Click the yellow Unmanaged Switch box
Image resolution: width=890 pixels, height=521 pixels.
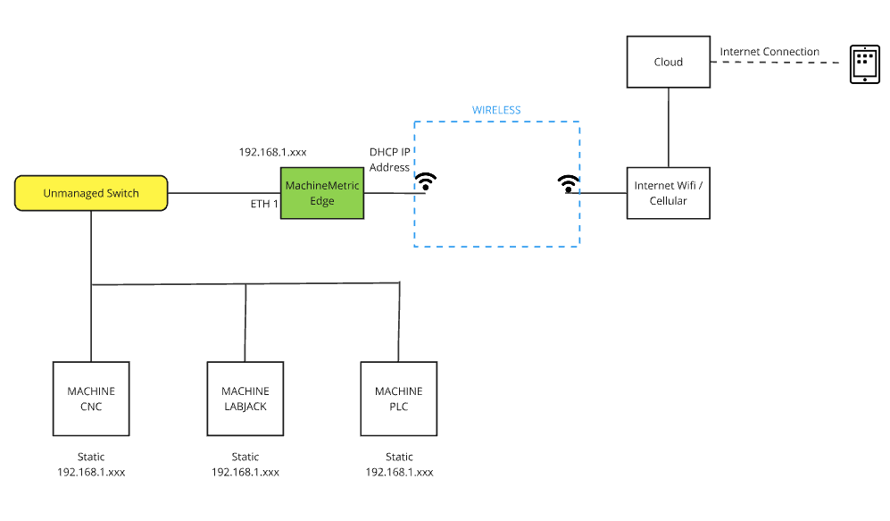[x=90, y=193]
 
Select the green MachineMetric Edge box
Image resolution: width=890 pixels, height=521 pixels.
[x=322, y=193]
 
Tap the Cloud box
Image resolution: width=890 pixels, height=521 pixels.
[x=668, y=62]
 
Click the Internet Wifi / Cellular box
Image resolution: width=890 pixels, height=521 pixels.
[x=668, y=193]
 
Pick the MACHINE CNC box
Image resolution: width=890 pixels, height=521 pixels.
[x=91, y=399]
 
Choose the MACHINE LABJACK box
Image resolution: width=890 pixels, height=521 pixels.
[x=245, y=399]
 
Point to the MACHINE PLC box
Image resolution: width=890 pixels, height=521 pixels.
[x=398, y=399]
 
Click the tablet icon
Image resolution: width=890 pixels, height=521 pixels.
[x=864, y=64]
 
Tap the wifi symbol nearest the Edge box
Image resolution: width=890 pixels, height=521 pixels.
[x=428, y=182]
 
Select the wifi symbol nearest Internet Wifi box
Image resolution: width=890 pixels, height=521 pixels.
[x=567, y=183]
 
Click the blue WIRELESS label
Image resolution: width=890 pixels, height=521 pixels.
[x=496, y=110]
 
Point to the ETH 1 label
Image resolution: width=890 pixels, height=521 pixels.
[x=264, y=205]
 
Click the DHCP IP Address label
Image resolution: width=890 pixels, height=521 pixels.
[x=389, y=160]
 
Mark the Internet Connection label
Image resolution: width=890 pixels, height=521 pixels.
[x=769, y=52]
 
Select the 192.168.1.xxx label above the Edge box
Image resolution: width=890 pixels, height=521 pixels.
[x=272, y=152]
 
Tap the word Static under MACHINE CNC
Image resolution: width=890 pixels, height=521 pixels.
[x=91, y=457]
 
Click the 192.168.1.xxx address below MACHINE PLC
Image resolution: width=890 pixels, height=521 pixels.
[x=399, y=472]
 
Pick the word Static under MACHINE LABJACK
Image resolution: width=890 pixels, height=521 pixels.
[x=245, y=457]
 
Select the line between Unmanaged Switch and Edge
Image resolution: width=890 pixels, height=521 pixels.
[x=223, y=193]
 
